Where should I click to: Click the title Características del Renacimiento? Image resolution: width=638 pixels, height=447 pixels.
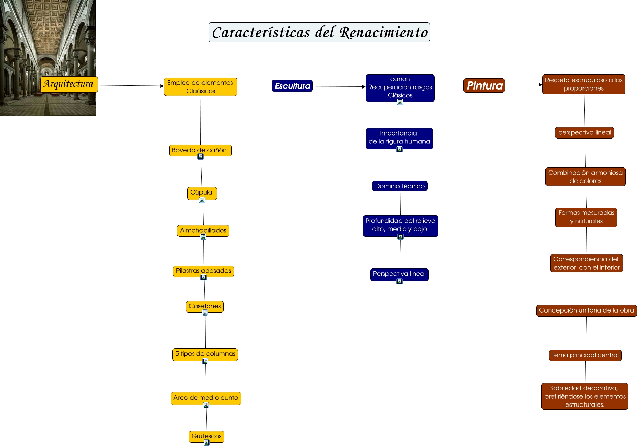319,33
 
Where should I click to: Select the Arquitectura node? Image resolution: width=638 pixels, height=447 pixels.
69,84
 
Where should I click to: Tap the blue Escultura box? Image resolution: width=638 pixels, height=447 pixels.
292,86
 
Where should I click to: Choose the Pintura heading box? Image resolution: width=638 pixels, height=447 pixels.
484,85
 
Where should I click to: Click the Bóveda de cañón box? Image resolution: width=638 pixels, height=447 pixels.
200,150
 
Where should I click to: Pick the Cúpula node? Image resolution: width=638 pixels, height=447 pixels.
202,192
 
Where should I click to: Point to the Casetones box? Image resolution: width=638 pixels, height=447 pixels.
205,306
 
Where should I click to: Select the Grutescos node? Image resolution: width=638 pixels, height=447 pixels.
206,436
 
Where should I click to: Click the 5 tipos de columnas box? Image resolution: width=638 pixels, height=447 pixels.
205,354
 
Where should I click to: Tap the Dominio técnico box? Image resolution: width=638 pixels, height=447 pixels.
400,186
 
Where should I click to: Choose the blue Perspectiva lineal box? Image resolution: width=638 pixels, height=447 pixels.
399,274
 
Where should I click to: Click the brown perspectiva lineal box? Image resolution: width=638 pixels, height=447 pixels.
584,132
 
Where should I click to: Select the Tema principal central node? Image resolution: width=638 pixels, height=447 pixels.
585,355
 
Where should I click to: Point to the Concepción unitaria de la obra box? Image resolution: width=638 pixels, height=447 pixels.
586,310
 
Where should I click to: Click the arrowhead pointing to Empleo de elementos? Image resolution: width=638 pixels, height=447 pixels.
162,86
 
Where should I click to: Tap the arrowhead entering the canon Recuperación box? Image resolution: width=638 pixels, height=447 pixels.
364,87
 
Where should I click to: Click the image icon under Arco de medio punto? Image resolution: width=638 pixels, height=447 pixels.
206,405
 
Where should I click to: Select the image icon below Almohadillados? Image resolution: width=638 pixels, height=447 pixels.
203,237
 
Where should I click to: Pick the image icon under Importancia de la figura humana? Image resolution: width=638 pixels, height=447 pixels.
400,149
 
